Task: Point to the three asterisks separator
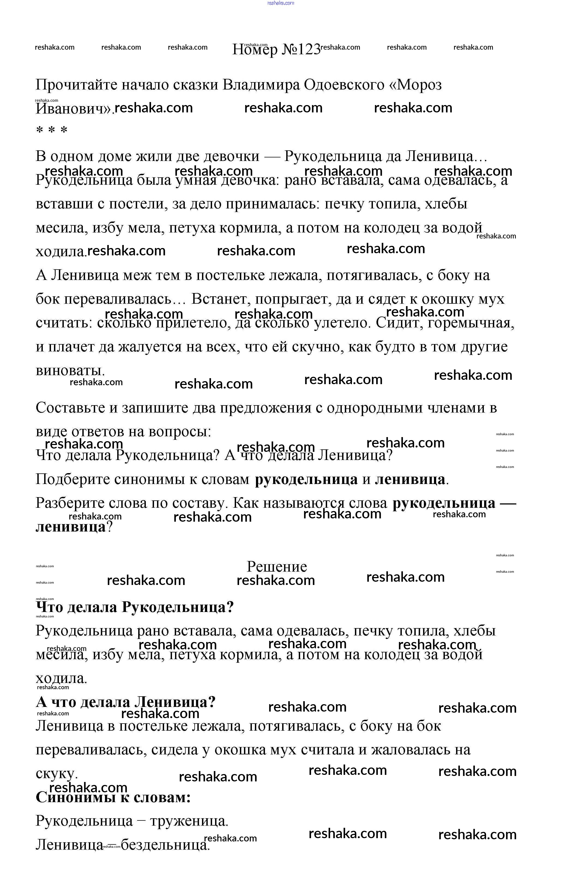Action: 52,130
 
